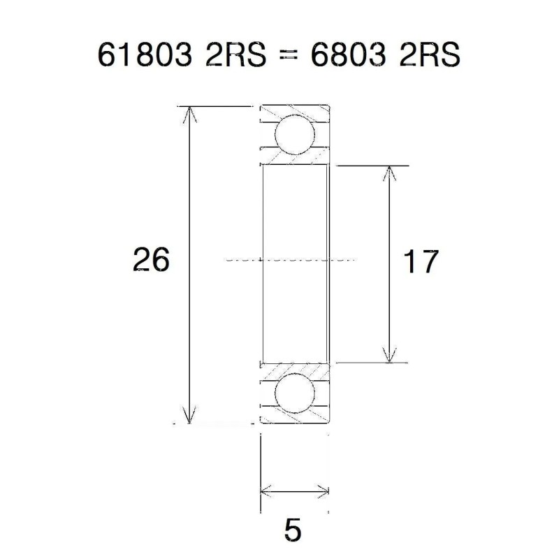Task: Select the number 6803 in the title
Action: point(347,56)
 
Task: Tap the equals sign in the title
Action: point(281,57)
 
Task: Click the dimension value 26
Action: point(151,260)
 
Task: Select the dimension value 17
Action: point(421,261)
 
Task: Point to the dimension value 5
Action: point(293,531)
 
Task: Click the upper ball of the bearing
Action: point(293,135)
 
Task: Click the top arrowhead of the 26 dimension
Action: point(189,113)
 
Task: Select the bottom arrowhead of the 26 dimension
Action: point(189,416)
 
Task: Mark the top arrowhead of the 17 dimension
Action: point(389,173)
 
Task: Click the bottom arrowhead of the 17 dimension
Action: point(389,356)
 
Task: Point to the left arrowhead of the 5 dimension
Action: point(266,491)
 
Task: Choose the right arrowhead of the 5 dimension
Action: point(322,491)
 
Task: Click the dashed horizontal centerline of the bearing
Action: point(293,259)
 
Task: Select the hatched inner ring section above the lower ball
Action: point(293,369)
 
